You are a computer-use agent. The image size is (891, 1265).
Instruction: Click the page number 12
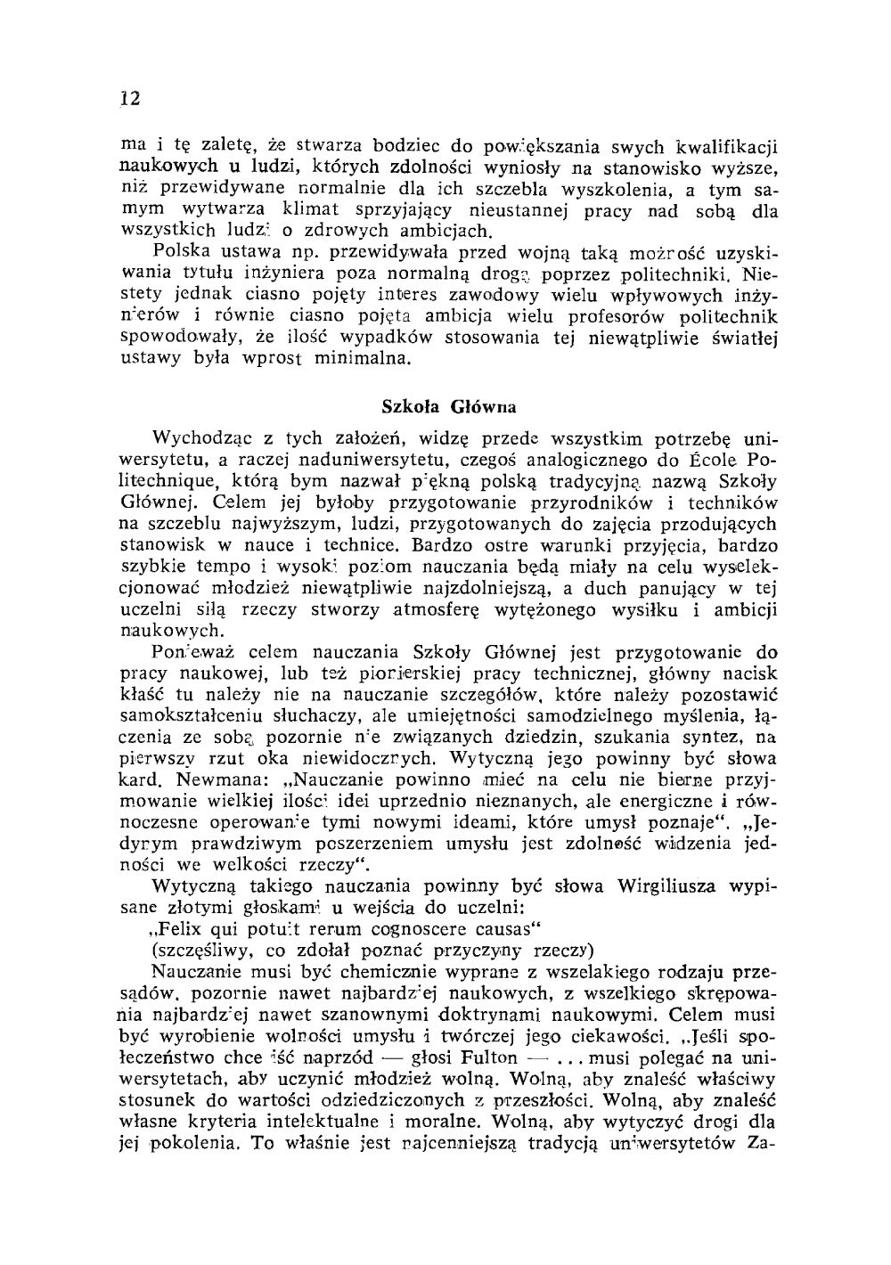pyautogui.click(x=130, y=99)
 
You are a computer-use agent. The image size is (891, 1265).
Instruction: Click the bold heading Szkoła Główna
pyautogui.click(x=449, y=406)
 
